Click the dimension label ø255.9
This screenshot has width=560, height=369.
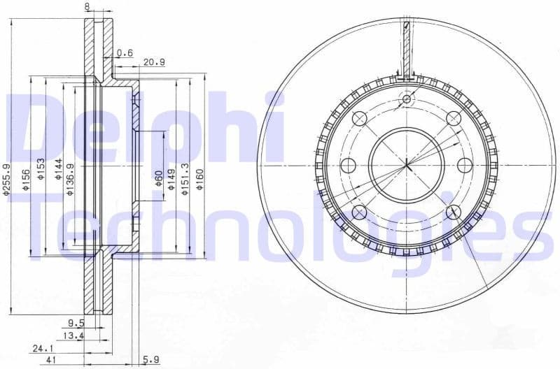(7, 181)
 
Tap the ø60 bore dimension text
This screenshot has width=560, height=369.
(159, 180)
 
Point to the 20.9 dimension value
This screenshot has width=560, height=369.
(154, 63)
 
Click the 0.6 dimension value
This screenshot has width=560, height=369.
(125, 52)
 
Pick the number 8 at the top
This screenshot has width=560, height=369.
(87, 6)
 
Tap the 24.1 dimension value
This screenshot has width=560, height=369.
(40, 347)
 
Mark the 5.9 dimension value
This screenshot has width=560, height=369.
(151, 360)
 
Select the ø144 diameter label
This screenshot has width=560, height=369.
(59, 171)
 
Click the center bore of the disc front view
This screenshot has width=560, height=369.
(407, 165)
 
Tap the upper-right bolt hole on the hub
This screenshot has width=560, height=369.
(453, 118)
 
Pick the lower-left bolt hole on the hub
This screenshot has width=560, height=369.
(360, 212)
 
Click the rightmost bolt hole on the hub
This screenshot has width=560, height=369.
(465, 165)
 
